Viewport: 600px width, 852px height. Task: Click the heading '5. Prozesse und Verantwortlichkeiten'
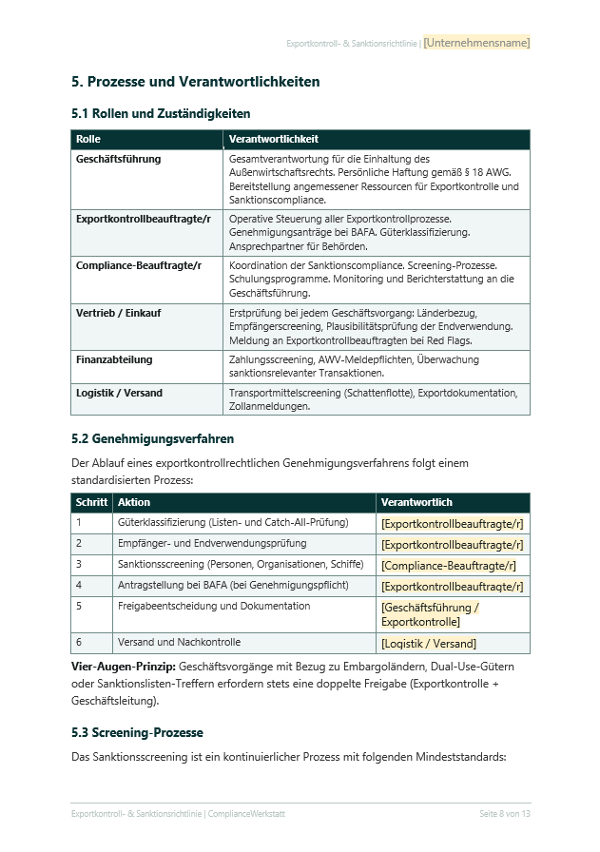[195, 82]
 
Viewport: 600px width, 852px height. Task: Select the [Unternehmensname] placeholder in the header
[476, 43]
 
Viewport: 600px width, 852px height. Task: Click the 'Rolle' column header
[88, 139]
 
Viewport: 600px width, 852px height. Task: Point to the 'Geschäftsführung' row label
[118, 159]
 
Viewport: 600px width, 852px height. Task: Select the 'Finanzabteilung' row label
[114, 359]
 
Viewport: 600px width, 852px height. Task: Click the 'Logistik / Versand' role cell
[119, 393]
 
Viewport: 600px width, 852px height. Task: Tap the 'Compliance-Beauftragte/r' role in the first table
[139, 265]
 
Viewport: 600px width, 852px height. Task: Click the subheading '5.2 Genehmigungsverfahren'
[152, 439]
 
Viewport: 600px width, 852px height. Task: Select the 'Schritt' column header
[91, 502]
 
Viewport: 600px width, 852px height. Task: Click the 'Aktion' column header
[133, 502]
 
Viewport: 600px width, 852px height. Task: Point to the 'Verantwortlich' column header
[416, 502]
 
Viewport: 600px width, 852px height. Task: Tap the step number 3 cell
[80, 564]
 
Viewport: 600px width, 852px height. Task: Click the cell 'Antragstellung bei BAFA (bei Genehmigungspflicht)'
[232, 585]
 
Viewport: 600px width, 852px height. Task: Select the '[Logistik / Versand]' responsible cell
[429, 644]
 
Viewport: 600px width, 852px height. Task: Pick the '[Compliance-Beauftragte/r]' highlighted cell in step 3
[449, 565]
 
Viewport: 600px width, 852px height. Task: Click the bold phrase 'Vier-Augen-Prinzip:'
[123, 667]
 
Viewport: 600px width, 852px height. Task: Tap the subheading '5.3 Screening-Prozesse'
[137, 733]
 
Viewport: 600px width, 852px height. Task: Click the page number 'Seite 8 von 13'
[504, 814]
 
